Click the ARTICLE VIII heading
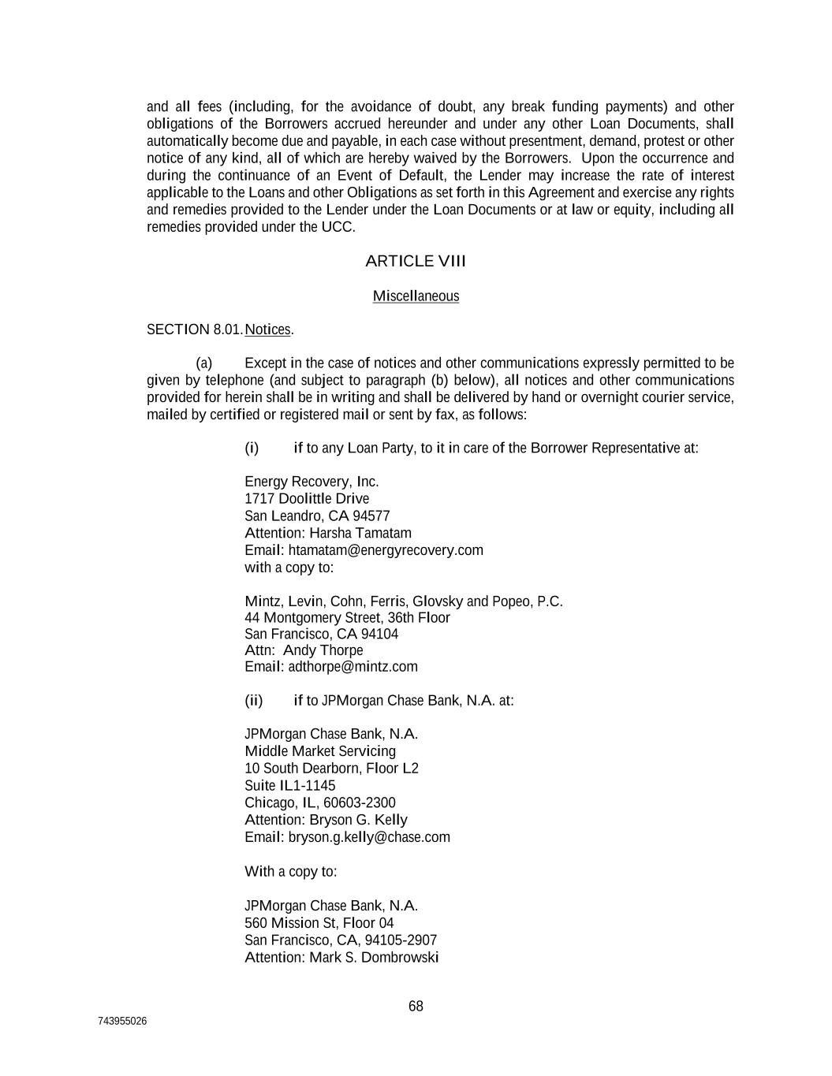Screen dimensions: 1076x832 point(416,261)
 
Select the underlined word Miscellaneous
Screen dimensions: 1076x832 point(416,296)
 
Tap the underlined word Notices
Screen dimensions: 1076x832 point(267,330)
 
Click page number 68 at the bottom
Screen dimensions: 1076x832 point(416,1006)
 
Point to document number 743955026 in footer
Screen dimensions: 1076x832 point(122,1022)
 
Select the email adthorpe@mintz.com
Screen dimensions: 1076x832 point(353,667)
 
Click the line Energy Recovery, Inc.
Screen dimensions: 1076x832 point(312,482)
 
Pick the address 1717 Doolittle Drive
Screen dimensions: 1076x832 point(307,499)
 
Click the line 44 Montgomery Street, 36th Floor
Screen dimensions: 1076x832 point(347,617)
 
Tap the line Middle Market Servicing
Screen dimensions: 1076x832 point(320,751)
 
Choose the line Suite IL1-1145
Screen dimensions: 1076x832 point(289,786)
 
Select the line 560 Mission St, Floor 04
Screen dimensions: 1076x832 point(319,923)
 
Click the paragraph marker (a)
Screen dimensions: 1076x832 point(204,363)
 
